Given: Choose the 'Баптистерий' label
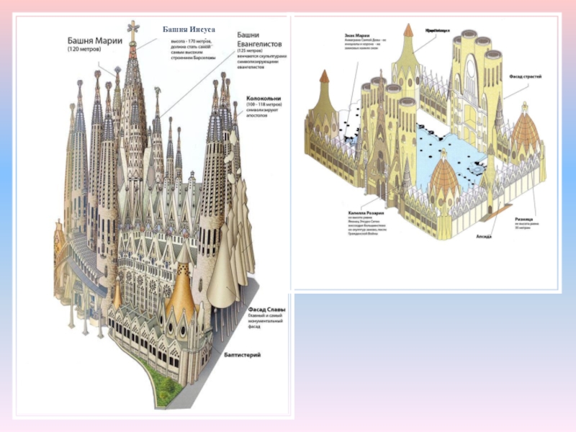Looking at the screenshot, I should [x=240, y=355].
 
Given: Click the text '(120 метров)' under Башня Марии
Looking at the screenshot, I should [x=85, y=50].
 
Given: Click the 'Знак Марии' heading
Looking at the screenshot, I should [x=354, y=33].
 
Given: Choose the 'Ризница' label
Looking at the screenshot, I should [x=523, y=218].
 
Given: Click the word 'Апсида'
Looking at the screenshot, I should [x=483, y=235].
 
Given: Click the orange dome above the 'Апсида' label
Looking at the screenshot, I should [x=444, y=180].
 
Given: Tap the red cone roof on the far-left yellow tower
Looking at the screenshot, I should [x=325, y=76].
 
